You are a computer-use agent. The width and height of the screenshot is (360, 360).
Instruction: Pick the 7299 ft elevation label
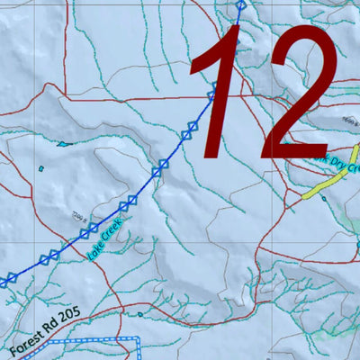pos(78,215)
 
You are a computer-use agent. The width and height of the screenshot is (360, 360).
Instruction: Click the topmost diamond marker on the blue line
pos(240,6)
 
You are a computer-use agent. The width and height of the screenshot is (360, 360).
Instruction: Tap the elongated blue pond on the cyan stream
pos(63,142)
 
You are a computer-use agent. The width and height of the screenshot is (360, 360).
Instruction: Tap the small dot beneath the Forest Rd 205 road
pos(140,314)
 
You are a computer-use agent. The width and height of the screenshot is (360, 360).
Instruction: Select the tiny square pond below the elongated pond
pos(41,166)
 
